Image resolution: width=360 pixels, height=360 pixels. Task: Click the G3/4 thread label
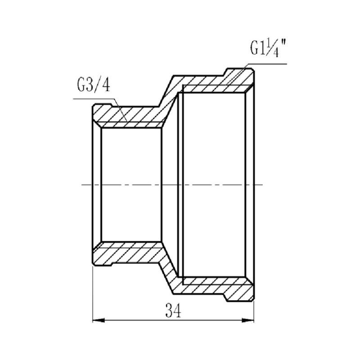tap(93, 86)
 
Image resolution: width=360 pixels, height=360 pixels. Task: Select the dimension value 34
tap(174, 310)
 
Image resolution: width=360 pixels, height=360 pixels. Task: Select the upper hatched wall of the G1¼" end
tap(216, 85)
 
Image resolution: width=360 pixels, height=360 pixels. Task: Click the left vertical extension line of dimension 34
tap(92, 292)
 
